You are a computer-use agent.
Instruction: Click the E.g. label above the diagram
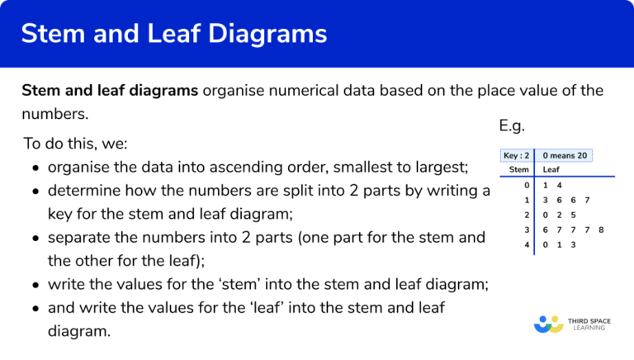tap(512, 126)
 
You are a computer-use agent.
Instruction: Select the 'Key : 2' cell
tap(516, 155)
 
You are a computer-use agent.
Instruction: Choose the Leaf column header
tap(551, 170)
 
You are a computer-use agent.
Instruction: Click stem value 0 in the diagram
tap(526, 185)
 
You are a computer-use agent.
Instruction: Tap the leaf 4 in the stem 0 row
tap(559, 185)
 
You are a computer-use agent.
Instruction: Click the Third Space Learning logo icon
tap(548, 324)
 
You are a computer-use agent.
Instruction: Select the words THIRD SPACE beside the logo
tap(589, 319)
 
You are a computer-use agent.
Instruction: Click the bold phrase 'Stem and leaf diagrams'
tap(110, 90)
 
